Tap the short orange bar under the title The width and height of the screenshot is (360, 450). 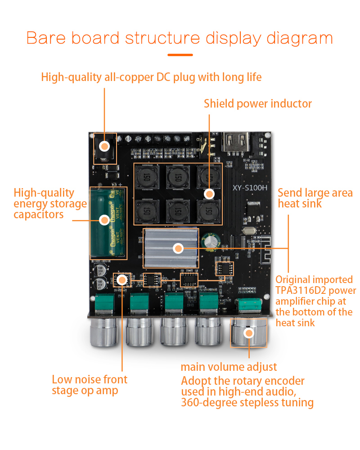point(180,55)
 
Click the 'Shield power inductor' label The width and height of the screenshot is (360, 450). point(257,104)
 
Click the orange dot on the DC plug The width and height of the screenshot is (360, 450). point(104,146)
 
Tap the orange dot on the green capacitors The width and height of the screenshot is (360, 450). point(104,220)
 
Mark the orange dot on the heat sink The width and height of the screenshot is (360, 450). point(178,248)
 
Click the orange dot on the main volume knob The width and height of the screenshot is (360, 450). point(248,333)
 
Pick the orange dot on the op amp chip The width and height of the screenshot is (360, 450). point(121,280)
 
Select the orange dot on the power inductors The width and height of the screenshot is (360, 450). point(209,194)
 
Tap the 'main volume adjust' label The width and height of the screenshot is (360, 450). point(229,367)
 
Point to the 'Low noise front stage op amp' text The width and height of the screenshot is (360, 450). point(90,385)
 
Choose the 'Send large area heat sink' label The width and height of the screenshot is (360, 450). point(315,198)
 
